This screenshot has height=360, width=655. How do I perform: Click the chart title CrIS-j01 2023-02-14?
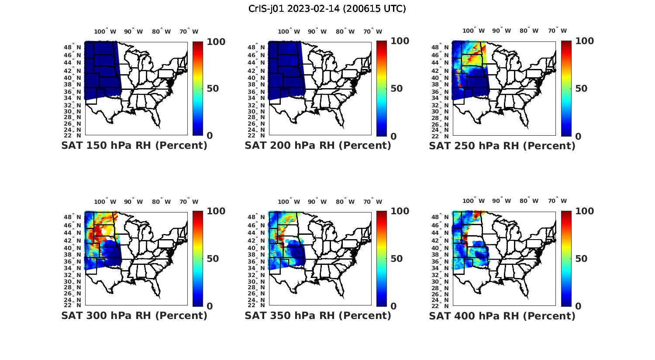click(x=327, y=9)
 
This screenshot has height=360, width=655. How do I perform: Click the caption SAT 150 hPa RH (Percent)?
click(x=134, y=146)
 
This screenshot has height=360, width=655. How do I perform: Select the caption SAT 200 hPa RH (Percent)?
click(x=318, y=146)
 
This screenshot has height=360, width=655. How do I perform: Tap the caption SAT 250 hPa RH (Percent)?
click(x=502, y=146)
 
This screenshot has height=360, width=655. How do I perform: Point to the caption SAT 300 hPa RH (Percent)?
click(x=134, y=315)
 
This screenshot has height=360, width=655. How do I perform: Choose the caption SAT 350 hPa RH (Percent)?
click(x=318, y=315)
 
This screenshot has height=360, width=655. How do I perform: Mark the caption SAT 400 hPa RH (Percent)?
click(x=502, y=315)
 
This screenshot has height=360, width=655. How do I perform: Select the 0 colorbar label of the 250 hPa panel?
click(x=578, y=136)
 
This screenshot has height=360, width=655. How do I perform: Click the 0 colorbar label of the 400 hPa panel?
click(x=578, y=306)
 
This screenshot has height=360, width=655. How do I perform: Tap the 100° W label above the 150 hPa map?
click(x=105, y=31)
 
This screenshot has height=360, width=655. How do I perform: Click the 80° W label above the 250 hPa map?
click(x=529, y=31)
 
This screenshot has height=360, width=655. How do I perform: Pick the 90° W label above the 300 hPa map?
click(x=133, y=202)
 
